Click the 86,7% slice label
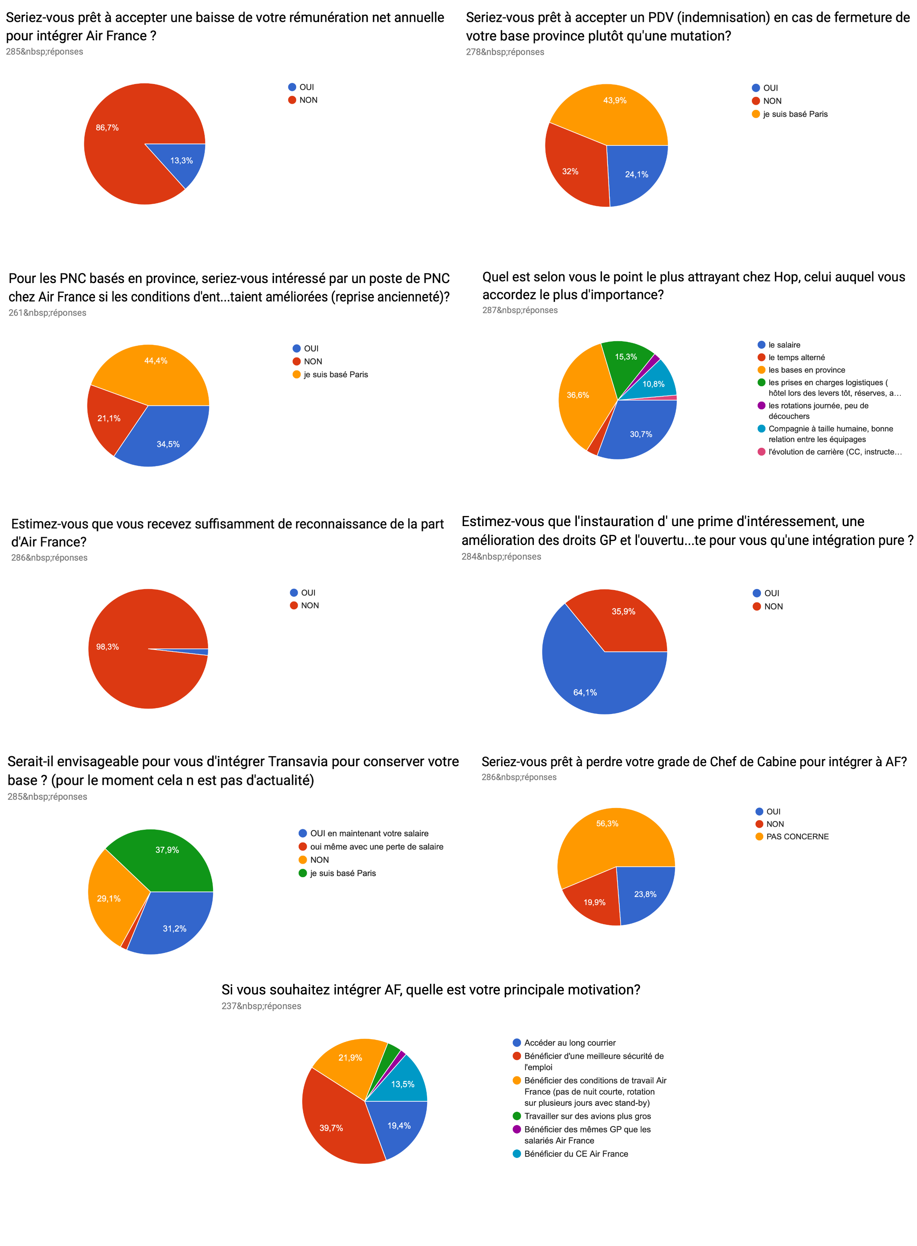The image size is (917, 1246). pos(107,128)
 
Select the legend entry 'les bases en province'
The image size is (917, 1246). pos(806,370)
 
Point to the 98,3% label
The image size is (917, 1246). pos(107,647)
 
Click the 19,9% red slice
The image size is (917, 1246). pos(594,899)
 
